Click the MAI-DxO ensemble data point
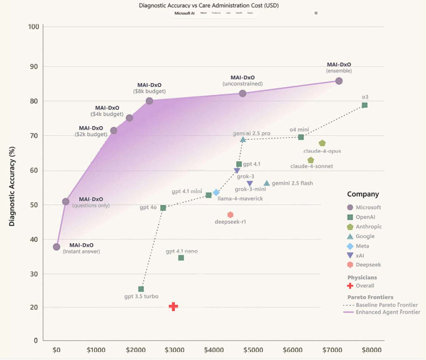[x=339, y=81]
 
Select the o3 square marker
[x=364, y=105]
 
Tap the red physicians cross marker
[x=173, y=306]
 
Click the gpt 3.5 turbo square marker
[x=141, y=289]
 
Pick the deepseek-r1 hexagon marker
[x=230, y=215]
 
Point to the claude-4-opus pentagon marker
[x=322, y=144]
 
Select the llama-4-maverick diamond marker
[x=216, y=193]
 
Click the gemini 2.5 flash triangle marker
[x=266, y=183]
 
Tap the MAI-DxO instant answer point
[x=56, y=247]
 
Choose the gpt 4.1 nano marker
[x=181, y=258]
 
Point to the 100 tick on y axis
[x=33, y=27]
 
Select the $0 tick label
[x=56, y=350]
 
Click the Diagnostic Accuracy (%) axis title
[x=11, y=184]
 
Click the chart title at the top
[x=209, y=5]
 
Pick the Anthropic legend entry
[x=368, y=227]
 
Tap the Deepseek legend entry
[x=368, y=264]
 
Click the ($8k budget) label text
[x=149, y=91]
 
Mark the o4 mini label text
[x=299, y=129]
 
